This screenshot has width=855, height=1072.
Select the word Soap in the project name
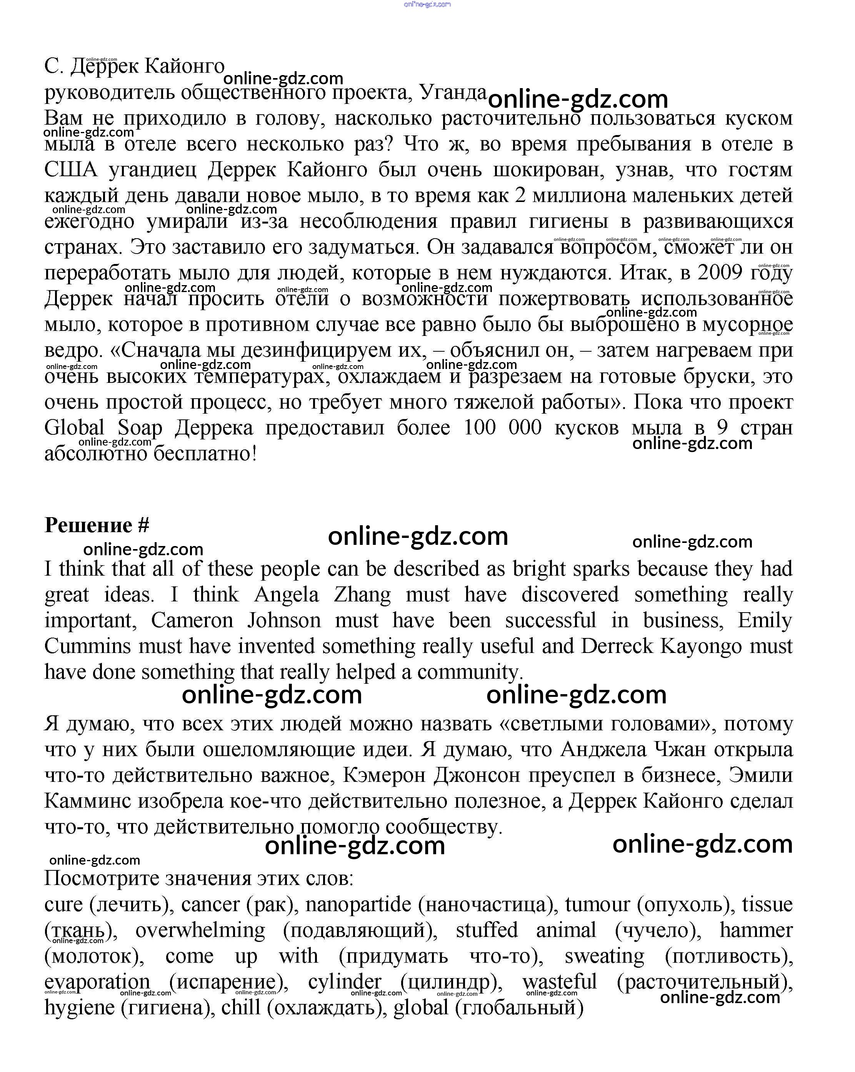pos(140,427)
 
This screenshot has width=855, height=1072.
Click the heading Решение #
pos(97,525)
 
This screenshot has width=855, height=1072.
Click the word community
pos(470,672)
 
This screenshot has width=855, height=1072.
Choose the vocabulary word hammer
pos(756,930)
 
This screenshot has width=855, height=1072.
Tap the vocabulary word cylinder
pos(345,982)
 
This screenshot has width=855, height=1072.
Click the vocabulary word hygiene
pos(80,1008)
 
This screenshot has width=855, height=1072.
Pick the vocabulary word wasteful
pos(559,982)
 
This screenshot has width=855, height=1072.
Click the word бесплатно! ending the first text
pos(205,453)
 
